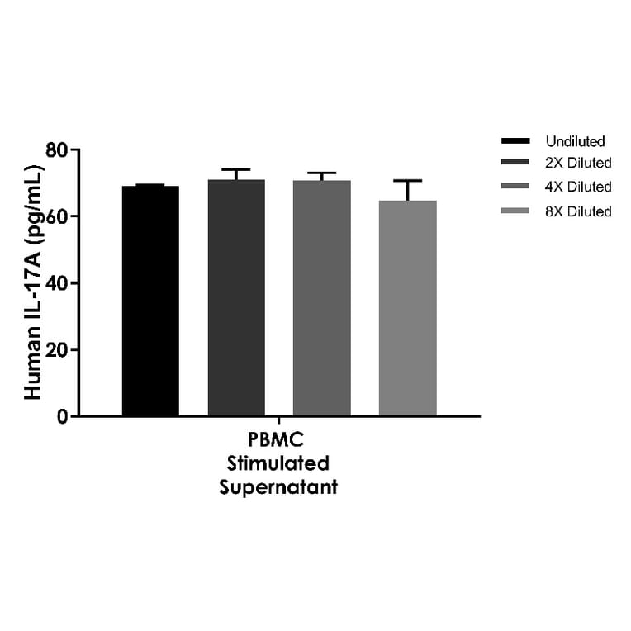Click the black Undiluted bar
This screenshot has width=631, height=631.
pyautogui.click(x=150, y=301)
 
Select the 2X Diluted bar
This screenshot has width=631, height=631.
pyautogui.click(x=236, y=297)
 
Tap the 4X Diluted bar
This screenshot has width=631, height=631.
pyautogui.click(x=322, y=297)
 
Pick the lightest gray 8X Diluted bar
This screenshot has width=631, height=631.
pyautogui.click(x=407, y=307)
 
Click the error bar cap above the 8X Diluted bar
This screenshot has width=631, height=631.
pyautogui.click(x=407, y=180)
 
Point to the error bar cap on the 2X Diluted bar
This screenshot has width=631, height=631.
pyautogui.click(x=236, y=169)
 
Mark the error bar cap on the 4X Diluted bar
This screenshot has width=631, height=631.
pyautogui.click(x=322, y=173)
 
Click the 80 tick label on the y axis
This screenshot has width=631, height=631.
pyautogui.click(x=57, y=150)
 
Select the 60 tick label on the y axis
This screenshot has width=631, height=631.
pyautogui.click(x=57, y=216)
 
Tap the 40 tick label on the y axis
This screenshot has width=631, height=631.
pyautogui.click(x=57, y=282)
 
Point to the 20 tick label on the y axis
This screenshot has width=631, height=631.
pyautogui.click(x=57, y=349)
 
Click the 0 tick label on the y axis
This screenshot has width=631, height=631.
pyautogui.click(x=63, y=416)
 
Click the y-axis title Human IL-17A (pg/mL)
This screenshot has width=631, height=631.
pyautogui.click(x=32, y=283)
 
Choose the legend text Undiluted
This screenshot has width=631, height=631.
pyautogui.click(x=575, y=141)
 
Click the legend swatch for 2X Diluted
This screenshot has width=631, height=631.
pyautogui.click(x=515, y=163)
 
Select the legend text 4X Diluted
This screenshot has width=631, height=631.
pyautogui.click(x=578, y=187)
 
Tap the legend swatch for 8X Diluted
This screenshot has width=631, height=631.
pyautogui.click(x=515, y=211)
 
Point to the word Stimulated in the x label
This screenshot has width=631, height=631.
pyautogui.click(x=278, y=463)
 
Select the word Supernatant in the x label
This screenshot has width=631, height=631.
pyautogui.click(x=278, y=487)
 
